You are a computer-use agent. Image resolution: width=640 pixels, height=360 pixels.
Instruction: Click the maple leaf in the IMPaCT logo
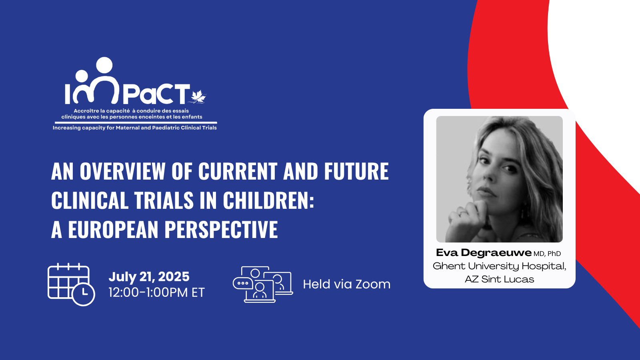pos(198,96)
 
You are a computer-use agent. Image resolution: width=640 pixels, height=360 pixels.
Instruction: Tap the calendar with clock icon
pos(71,284)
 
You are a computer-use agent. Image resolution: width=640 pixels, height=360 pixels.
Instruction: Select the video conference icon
pos(262,284)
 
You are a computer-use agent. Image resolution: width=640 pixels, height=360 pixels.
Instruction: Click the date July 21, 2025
pos(149,276)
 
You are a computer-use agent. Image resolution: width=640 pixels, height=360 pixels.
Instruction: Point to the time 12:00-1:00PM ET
pos(156,292)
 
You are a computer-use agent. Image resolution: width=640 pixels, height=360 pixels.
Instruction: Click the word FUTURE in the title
pos(356,172)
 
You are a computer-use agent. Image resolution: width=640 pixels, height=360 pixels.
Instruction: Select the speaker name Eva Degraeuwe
pos(484,253)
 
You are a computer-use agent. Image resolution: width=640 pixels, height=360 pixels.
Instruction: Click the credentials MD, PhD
pos(547,254)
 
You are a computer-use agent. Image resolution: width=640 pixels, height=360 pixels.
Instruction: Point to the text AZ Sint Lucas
pos(499,279)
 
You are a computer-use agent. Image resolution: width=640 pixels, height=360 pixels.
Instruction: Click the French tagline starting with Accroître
pos(132,114)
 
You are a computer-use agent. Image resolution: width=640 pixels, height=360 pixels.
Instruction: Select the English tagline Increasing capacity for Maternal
pos(134,128)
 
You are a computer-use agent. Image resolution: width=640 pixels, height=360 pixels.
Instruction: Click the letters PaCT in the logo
pos(156,94)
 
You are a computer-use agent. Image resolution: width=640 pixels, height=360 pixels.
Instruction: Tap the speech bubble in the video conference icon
pos(242,284)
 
